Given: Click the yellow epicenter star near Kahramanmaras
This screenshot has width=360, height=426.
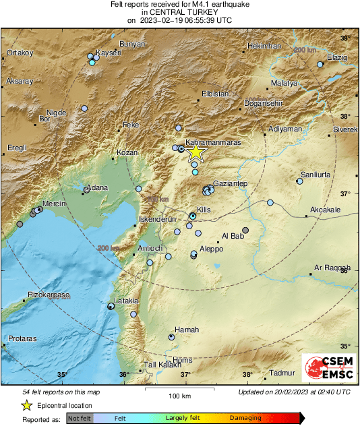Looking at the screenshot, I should (x=195, y=152).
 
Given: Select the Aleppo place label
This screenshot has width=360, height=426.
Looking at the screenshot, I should (x=211, y=249).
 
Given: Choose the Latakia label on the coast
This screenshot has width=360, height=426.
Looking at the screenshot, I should (x=126, y=301).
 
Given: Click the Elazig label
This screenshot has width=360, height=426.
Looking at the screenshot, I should (x=337, y=58).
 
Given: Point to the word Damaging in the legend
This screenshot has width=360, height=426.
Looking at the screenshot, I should (x=245, y=418).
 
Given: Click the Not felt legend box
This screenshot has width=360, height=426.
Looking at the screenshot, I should (x=80, y=418).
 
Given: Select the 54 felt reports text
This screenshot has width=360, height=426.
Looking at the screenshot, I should (x=61, y=392).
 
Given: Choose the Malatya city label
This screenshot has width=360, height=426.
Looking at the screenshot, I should (x=284, y=82).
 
